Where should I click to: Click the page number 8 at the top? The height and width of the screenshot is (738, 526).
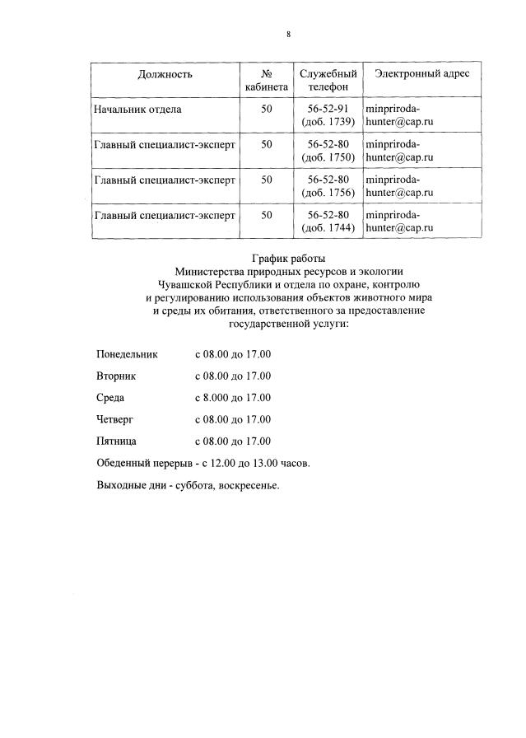pyautogui.click(x=288, y=34)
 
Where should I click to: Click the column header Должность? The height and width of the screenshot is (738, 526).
pyautogui.click(x=165, y=74)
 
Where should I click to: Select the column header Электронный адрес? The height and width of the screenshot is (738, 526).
pyautogui.click(x=421, y=74)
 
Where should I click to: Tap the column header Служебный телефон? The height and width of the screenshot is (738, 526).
pyautogui.click(x=328, y=80)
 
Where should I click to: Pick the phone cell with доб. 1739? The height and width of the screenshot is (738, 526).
pyautogui.click(x=328, y=115)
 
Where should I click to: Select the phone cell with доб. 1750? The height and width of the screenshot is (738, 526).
pyautogui.click(x=328, y=150)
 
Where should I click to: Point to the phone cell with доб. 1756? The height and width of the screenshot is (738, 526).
pyautogui.click(x=328, y=185)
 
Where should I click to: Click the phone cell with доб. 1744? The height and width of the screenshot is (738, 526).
pyautogui.click(x=328, y=221)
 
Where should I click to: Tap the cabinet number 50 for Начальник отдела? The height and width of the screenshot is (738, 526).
pyautogui.click(x=266, y=109)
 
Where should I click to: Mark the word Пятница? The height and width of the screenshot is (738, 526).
pyautogui.click(x=116, y=441)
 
